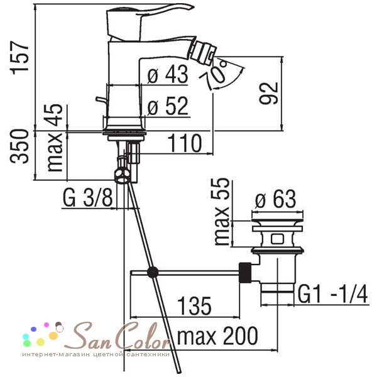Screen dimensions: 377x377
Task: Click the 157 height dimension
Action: coord(19,58)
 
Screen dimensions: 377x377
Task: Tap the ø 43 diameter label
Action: coord(168,74)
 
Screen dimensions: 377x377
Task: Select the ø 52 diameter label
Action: coord(168,106)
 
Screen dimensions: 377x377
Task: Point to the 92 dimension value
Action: coord(269,93)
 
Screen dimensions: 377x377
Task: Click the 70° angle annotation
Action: coord(218,72)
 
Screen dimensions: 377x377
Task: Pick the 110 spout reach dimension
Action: coord(184,143)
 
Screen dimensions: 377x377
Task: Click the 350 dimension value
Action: coord(19,146)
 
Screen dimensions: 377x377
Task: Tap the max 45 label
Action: coord(54,138)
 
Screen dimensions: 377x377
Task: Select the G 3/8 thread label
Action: coord(87,198)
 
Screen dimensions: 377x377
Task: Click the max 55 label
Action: coord(221,212)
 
